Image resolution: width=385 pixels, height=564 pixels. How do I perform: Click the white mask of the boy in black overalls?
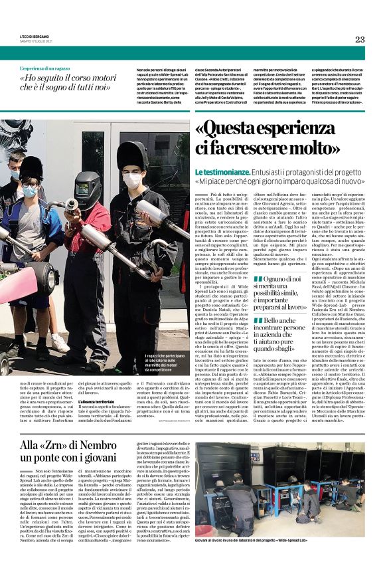[x=133, y=181]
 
